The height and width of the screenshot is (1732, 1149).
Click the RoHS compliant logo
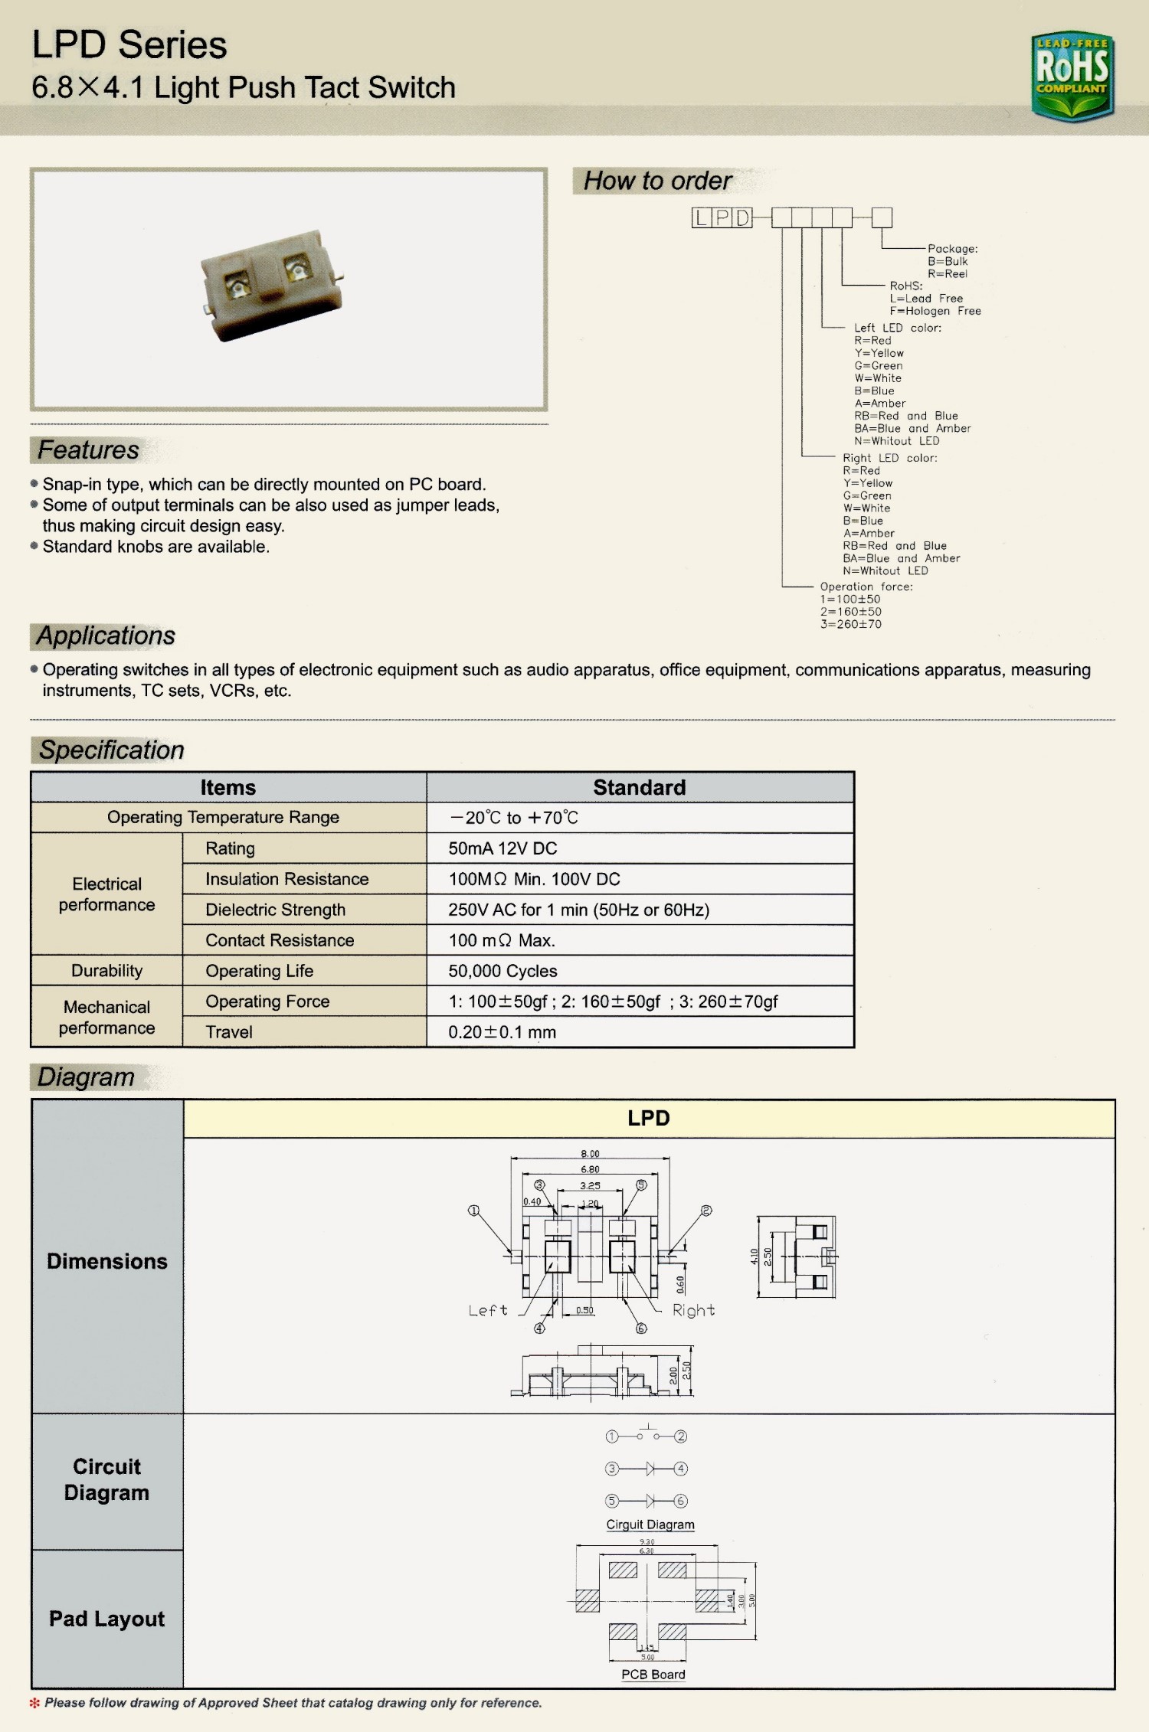coord(1072,75)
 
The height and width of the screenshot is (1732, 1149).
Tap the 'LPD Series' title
coord(129,45)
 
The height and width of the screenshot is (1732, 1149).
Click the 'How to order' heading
coord(657,181)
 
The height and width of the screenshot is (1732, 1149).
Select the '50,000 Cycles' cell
coord(502,971)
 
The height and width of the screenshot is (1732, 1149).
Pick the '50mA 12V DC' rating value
coord(502,848)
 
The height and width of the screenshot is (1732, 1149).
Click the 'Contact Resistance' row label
coord(280,940)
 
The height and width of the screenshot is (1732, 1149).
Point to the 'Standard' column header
coord(639,787)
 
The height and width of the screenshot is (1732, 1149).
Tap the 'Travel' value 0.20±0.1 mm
coord(502,1032)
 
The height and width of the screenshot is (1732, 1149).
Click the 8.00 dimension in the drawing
coord(590,1154)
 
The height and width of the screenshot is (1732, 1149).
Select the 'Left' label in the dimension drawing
coord(488,1311)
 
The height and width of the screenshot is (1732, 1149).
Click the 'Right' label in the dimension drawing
coord(693,1310)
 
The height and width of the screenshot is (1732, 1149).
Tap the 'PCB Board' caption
coord(653,1675)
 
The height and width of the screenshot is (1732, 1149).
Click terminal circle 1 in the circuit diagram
coord(611,1436)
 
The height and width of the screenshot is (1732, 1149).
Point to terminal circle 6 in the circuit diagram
coord(681,1501)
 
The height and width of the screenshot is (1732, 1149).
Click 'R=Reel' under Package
coord(948,274)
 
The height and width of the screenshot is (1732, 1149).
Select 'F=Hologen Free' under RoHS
coord(935,311)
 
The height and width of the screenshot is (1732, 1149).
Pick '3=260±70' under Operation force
coord(850,624)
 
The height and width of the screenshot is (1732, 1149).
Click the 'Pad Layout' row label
coord(106,1619)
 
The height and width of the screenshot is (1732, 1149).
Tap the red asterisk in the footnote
coord(34,1703)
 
